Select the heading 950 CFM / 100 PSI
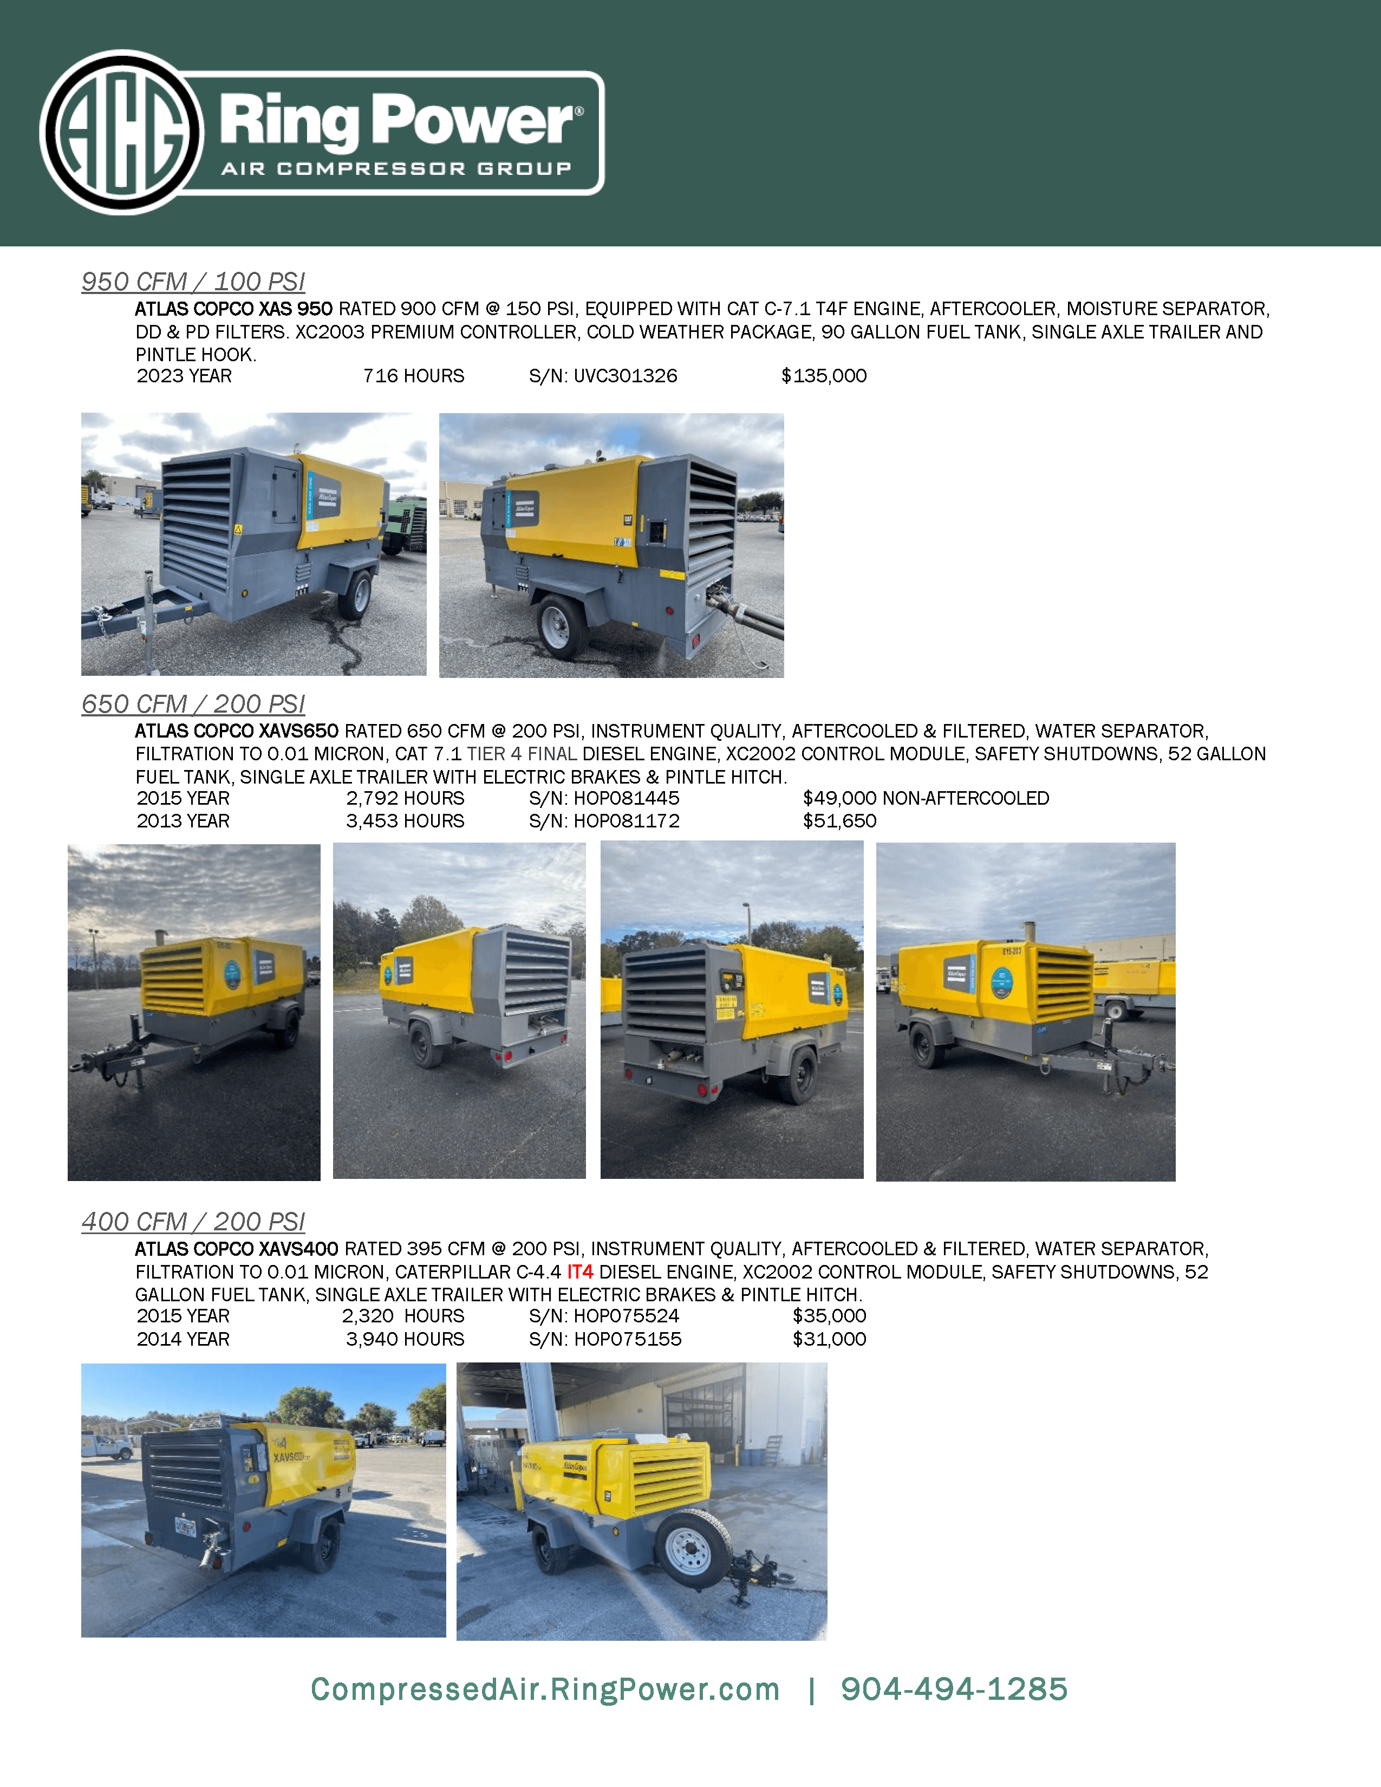pyautogui.click(x=193, y=282)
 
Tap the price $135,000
pyautogui.click(x=824, y=376)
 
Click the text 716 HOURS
pyautogui.click(x=413, y=376)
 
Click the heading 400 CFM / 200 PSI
pyautogui.click(x=193, y=1222)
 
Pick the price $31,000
pyautogui.click(x=829, y=1339)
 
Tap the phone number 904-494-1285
pyautogui.click(x=954, y=1689)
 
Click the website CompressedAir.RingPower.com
pyautogui.click(x=545, y=1689)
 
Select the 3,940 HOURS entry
pyautogui.click(x=405, y=1339)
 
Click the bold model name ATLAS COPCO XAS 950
pyautogui.click(x=234, y=309)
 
